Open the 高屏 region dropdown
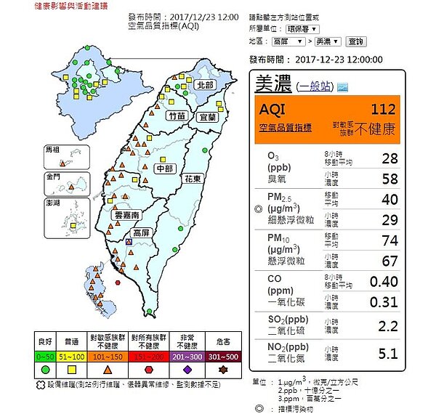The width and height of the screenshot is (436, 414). pos(290,42)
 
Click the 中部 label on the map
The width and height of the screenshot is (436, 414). pos(164,169)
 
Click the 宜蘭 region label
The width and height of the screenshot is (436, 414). pos(207,116)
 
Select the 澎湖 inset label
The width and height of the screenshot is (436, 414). pos(53,204)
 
